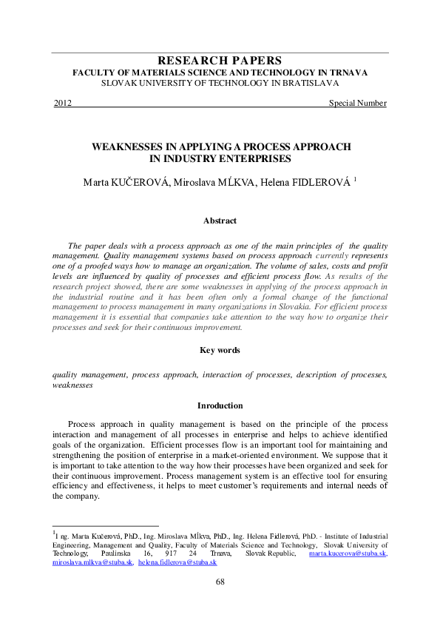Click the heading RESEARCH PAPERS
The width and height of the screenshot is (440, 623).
click(220, 61)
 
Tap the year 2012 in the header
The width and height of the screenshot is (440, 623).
click(63, 103)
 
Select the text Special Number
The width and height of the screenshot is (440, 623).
click(358, 103)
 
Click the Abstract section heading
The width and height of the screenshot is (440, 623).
click(220, 220)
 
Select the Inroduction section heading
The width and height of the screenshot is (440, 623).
click(220, 405)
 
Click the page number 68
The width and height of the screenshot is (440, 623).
click(220, 582)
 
